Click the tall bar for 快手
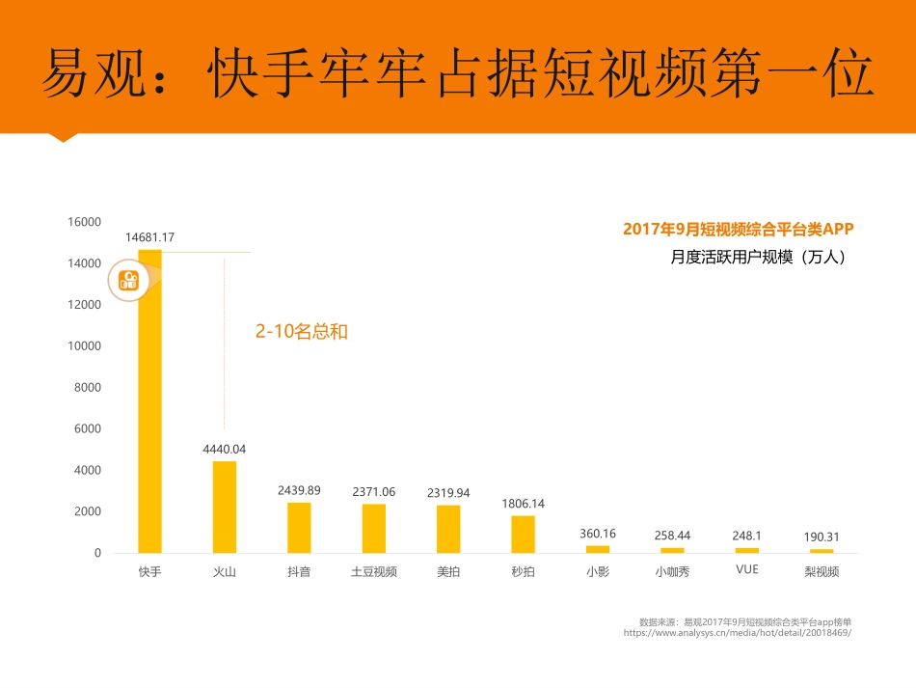[149, 405]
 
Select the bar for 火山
[224, 507]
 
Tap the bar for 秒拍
[523, 534]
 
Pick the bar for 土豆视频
[373, 528]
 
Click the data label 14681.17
[149, 236]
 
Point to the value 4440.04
[224, 449]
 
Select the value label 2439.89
[299, 490]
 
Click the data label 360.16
[598, 533]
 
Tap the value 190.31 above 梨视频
[822, 537]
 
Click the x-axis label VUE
[746, 569]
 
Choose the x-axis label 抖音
[299, 571]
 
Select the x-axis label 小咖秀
[672, 571]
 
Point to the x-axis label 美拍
[448, 571]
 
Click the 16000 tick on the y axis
[85, 222]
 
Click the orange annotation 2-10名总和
[301, 332]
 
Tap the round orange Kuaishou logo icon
[128, 280]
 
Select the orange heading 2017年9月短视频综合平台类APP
[739, 230]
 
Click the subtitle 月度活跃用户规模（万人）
[758, 258]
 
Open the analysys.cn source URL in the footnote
[738, 633]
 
